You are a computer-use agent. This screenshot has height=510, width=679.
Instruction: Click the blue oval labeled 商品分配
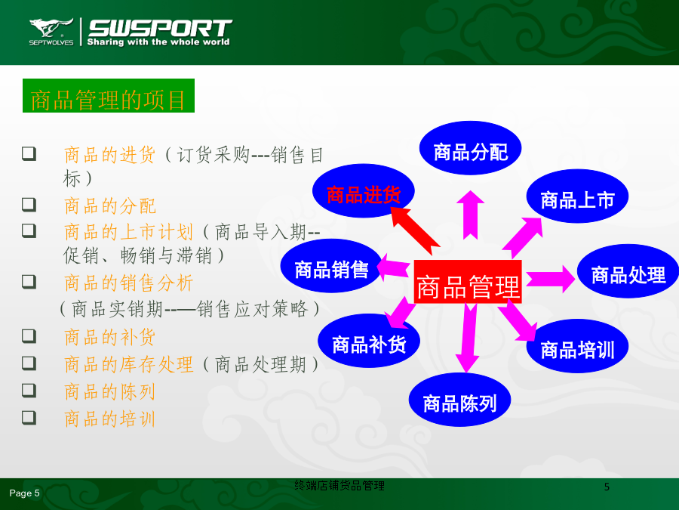click(x=470, y=148)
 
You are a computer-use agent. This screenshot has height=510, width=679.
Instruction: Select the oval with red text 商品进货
click(x=364, y=191)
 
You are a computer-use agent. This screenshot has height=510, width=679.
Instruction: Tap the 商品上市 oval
click(x=577, y=196)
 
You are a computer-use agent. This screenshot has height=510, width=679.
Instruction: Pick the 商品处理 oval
click(x=628, y=271)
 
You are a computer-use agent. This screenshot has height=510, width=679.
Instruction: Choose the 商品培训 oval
click(x=577, y=346)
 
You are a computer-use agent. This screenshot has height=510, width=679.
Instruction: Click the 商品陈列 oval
click(x=459, y=400)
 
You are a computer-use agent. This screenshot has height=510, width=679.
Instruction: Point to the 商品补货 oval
click(x=368, y=341)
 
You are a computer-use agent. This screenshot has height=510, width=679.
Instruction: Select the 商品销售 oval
click(x=331, y=266)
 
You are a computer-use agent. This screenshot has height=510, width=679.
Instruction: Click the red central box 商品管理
click(x=468, y=282)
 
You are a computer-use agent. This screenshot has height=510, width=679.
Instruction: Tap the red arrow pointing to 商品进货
click(x=415, y=230)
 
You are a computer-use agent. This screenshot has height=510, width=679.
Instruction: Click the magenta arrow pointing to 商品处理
click(x=551, y=279)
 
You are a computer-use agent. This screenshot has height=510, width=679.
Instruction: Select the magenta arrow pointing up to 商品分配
click(x=470, y=215)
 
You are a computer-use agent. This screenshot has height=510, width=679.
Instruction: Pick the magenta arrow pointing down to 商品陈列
click(x=468, y=338)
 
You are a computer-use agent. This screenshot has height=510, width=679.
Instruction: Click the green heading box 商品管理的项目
click(x=108, y=95)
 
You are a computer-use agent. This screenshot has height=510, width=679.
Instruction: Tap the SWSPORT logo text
click(x=160, y=28)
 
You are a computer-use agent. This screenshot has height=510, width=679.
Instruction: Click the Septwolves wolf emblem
click(x=51, y=28)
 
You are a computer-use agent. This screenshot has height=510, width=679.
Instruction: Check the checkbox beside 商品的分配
click(x=29, y=204)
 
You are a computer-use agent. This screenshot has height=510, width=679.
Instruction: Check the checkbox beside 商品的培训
click(x=29, y=417)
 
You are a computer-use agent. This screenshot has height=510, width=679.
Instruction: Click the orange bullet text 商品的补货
click(x=109, y=337)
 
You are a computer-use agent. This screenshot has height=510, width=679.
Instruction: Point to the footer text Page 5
click(x=24, y=493)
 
